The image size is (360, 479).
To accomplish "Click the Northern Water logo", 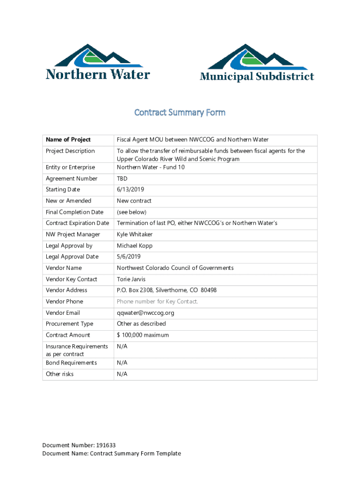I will [98, 62].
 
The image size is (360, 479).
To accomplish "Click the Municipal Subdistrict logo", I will [257, 63].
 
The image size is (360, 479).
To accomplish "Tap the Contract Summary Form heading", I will [180, 113].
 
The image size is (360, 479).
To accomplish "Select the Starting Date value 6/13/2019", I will [130, 189].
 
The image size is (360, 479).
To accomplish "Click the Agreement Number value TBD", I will [122, 179].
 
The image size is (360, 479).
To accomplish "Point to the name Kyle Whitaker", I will [135, 234].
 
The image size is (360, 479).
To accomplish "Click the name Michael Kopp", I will [135, 246].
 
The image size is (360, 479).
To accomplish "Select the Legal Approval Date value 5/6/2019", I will [129, 257].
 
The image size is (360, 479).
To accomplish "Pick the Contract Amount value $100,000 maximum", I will [143, 335].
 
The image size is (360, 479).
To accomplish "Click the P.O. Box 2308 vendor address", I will [166, 290].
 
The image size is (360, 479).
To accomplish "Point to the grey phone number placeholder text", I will [157, 302].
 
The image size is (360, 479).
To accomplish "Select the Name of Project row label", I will [68, 140].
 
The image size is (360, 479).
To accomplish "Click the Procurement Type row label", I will [69, 324].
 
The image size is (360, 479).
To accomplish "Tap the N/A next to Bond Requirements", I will [122, 363].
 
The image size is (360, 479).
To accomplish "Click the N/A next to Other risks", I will [122, 374].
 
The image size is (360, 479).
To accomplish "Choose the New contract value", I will [134, 201].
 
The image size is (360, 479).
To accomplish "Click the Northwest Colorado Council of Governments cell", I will [175, 268].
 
